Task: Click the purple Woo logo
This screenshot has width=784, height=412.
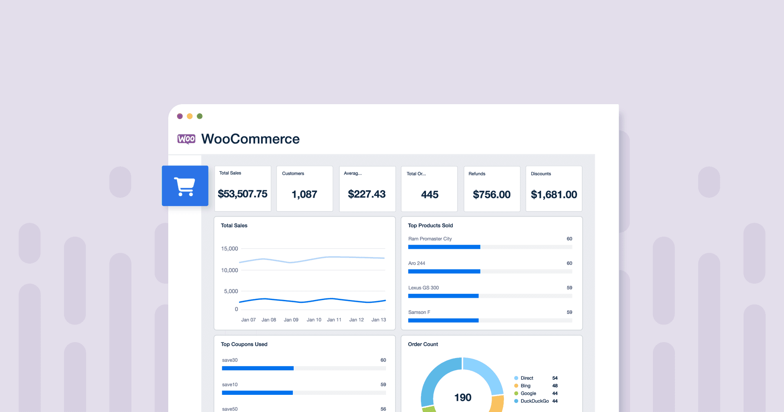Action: click(186, 139)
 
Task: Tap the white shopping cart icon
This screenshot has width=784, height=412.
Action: click(185, 186)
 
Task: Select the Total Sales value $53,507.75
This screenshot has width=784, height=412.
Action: click(243, 194)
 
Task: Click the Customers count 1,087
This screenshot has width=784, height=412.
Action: click(304, 195)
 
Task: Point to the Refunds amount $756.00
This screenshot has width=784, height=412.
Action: click(492, 195)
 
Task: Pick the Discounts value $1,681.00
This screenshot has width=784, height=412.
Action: click(554, 195)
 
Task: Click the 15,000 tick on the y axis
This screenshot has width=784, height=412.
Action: click(229, 249)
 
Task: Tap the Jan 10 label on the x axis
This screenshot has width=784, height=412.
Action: click(314, 320)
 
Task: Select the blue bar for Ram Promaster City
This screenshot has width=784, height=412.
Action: click(444, 247)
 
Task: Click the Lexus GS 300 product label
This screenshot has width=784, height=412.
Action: click(423, 288)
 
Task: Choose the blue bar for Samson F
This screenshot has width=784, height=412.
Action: click(443, 320)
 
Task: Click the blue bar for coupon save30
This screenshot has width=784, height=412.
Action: click(258, 368)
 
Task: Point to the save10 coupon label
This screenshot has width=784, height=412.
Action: click(230, 385)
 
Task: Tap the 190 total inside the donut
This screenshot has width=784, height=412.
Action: click(463, 397)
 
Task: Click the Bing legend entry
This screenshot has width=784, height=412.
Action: click(525, 386)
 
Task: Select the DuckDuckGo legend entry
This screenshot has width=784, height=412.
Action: click(534, 401)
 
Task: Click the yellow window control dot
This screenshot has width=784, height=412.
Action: click(189, 116)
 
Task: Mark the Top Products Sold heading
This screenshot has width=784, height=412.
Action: click(430, 226)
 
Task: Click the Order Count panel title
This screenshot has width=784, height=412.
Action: click(423, 344)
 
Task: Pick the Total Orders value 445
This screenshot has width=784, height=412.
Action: click(430, 195)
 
